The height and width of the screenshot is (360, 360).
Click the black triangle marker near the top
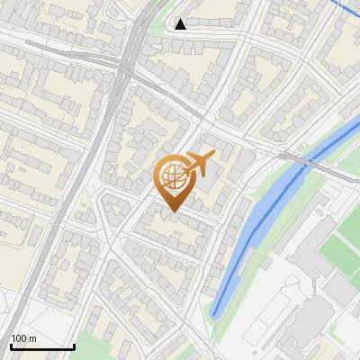(x=181, y=24)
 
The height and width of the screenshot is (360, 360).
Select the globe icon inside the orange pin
(x=173, y=178)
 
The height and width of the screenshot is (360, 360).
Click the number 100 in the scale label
(x=19, y=338)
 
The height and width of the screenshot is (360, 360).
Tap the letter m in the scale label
(x=31, y=338)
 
